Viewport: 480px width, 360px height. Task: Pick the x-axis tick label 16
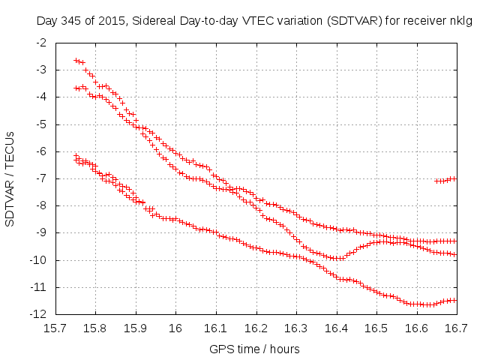click(x=175, y=328)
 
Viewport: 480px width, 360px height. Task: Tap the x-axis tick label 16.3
click(x=296, y=328)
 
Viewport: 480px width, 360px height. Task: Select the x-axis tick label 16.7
click(x=457, y=328)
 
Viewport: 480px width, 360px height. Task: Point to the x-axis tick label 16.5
click(x=376, y=328)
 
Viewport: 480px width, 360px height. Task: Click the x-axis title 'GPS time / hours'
click(x=256, y=349)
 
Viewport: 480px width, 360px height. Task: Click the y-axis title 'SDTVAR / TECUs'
click(x=10, y=178)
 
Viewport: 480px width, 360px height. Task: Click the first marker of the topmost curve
click(x=76, y=60)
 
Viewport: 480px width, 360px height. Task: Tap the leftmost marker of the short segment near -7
click(x=436, y=181)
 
